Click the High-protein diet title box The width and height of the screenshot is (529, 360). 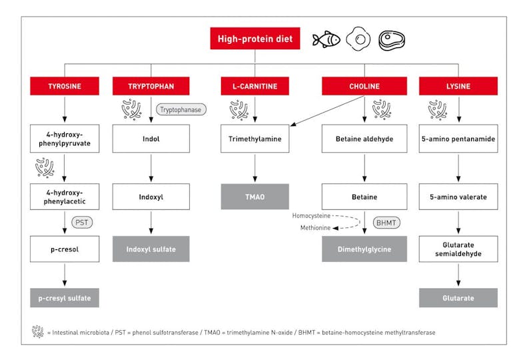click(255, 39)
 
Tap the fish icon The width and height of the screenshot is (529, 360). click(326, 39)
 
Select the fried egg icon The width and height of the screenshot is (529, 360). click(358, 39)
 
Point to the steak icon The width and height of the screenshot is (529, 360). click(392, 40)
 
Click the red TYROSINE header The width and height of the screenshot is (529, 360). click(65, 86)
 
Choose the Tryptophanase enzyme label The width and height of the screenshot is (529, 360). click(181, 109)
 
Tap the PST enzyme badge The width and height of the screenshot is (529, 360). click(82, 223)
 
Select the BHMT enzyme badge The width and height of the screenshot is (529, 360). click(386, 223)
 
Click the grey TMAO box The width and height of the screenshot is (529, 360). click(255, 197)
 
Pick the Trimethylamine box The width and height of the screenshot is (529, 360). click(255, 139)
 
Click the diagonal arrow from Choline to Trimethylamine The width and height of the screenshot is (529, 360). click(327, 111)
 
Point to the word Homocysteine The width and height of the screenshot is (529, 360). click(311, 216)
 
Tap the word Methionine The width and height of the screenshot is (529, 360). click(315, 228)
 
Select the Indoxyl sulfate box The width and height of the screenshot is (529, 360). click(151, 249)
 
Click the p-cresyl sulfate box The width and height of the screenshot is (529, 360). click(65, 298)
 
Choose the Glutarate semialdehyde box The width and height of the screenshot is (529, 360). click(458, 249)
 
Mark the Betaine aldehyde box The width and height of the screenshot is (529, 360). click(364, 139)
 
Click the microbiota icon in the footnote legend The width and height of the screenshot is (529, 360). click(38, 331)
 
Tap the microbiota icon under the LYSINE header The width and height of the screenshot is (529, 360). click(438, 110)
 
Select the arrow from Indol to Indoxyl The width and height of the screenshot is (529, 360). click(151, 168)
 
